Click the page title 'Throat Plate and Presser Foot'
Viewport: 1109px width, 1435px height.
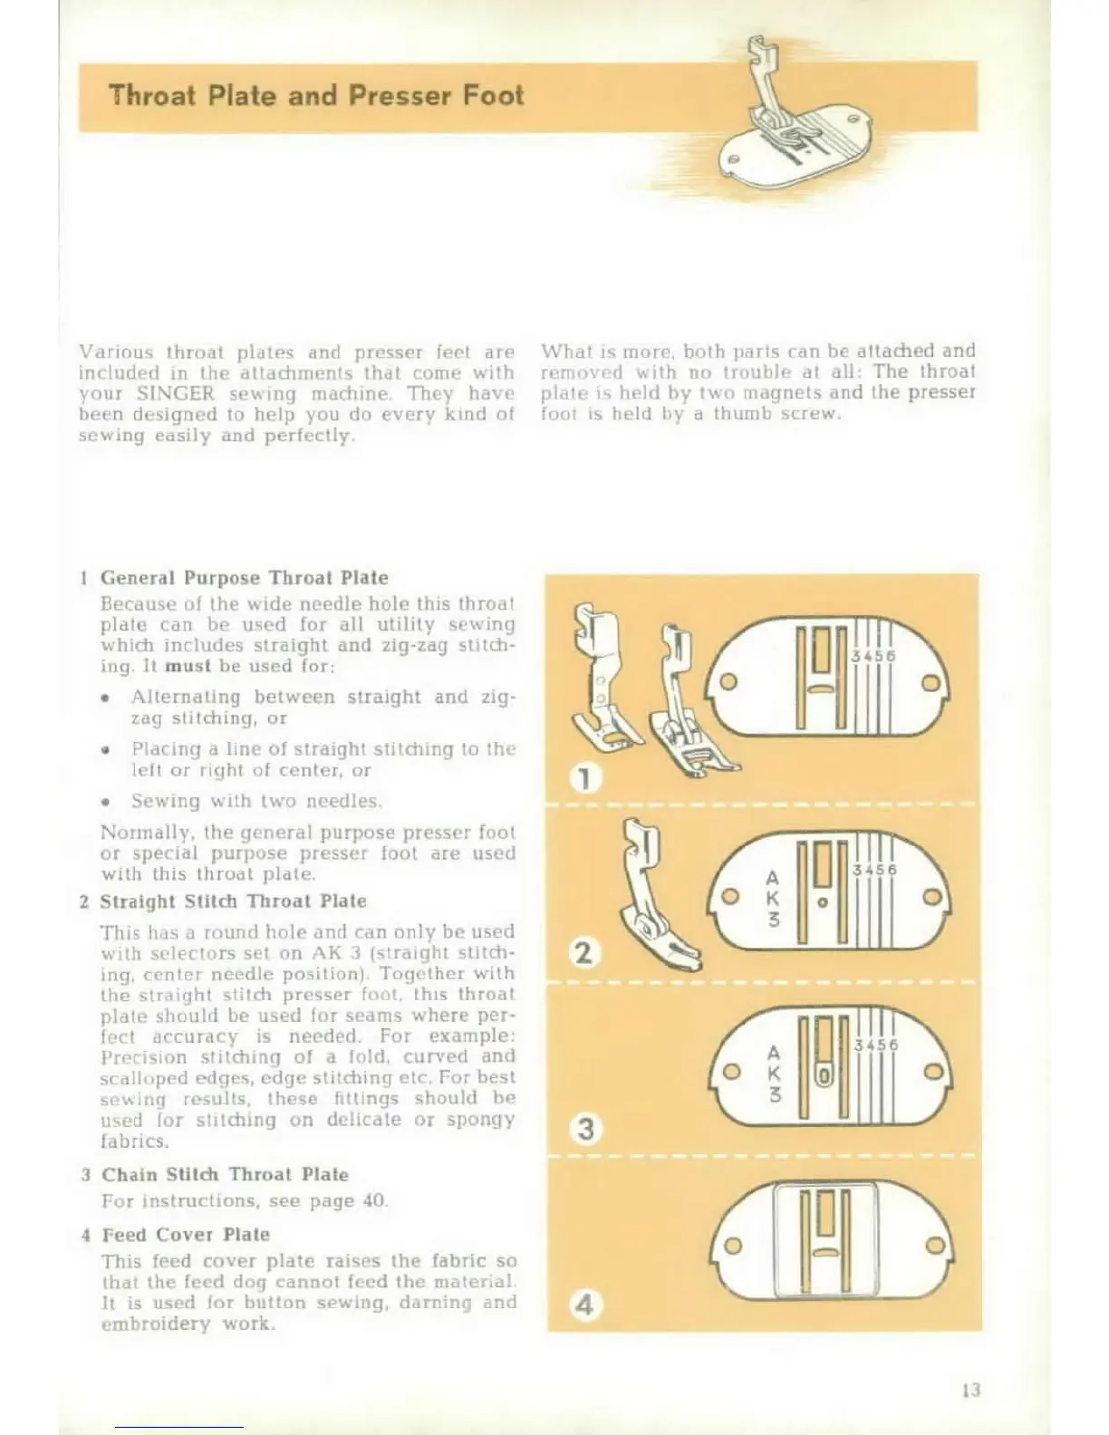315,96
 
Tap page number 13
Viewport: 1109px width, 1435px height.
970,1389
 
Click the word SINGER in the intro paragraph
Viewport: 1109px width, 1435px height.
176,394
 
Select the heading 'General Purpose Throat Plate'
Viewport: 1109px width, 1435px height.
244,578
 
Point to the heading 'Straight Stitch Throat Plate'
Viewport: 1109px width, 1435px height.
233,901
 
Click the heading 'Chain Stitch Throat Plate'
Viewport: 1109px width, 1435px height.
225,1175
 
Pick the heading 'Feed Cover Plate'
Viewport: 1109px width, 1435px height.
186,1235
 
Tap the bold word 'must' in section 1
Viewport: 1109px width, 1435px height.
188,667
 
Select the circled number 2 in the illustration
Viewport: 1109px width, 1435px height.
585,952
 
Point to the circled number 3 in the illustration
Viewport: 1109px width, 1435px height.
586,1129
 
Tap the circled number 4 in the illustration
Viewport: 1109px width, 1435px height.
585,1305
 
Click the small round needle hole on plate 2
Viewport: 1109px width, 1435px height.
822,902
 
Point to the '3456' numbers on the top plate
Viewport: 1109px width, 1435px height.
874,656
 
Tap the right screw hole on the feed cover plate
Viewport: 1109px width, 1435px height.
931,1247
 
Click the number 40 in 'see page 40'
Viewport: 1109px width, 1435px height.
373,1201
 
